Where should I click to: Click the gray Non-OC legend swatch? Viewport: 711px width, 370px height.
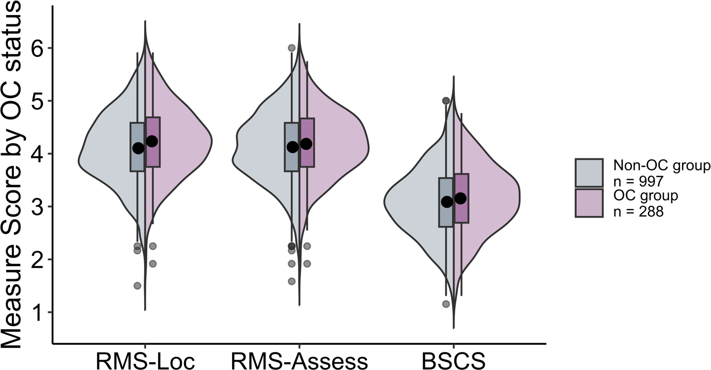click(589, 173)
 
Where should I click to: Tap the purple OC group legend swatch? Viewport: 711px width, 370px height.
click(589, 203)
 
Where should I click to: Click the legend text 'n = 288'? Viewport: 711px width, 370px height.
click(639, 211)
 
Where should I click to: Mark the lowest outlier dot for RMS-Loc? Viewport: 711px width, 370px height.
click(137, 285)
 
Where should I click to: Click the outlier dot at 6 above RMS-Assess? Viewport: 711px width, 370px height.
click(291, 48)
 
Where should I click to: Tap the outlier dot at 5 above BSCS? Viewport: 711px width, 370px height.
click(446, 101)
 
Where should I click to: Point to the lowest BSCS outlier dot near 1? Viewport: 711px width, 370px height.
click(446, 304)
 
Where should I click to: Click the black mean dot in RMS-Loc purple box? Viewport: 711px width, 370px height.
click(152, 141)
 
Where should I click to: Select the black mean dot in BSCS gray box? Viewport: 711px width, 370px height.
click(447, 202)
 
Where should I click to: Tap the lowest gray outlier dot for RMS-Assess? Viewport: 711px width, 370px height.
click(291, 281)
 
